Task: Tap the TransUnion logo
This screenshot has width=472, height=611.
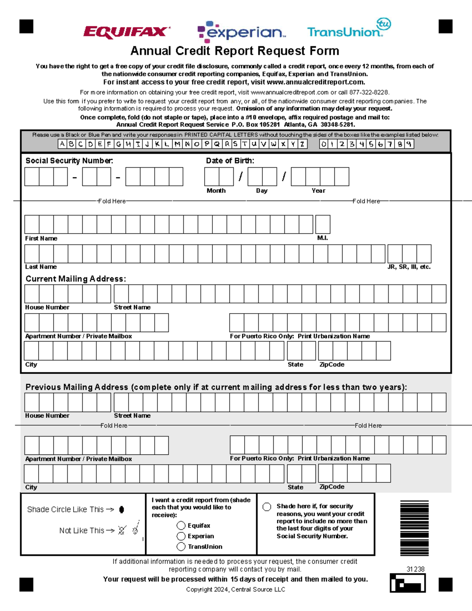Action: point(348,30)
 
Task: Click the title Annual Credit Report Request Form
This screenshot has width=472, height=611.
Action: point(235,51)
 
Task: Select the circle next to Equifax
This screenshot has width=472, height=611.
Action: point(181,526)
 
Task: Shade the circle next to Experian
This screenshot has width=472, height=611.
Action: point(181,536)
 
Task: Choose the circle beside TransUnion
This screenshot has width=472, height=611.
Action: point(181,546)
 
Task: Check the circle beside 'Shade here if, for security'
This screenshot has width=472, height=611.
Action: point(267,507)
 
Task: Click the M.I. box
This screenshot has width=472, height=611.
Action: point(323,224)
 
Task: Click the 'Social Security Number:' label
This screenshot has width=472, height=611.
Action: point(69,161)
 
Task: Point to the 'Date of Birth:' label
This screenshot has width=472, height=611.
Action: point(230,161)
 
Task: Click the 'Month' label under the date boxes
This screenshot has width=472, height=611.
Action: point(216,191)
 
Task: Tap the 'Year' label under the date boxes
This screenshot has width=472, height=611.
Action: point(318,191)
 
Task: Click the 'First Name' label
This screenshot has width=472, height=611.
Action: point(41,238)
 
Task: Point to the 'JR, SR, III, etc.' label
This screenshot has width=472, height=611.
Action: point(409,267)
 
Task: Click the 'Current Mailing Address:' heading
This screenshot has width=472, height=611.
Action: point(76,279)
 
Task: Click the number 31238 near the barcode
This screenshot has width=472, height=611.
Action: point(415,569)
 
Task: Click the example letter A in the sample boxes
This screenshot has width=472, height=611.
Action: point(62,144)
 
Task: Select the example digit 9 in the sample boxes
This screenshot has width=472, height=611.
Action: point(409,144)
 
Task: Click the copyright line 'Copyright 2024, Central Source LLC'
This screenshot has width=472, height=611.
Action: point(236,589)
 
